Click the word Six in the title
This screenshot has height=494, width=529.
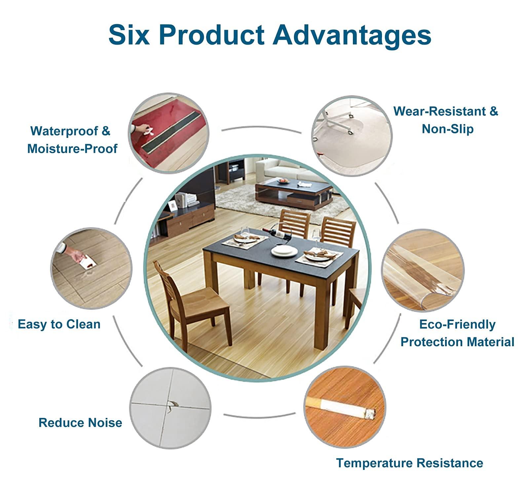click(129, 35)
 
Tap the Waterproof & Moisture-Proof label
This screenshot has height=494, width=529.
click(72, 140)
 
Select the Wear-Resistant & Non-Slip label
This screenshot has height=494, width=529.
click(446, 120)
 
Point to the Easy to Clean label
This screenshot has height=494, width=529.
click(59, 324)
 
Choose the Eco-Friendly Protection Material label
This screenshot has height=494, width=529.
click(457, 333)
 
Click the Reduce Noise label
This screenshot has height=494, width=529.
click(80, 423)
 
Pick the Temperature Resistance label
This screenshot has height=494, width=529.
click(409, 463)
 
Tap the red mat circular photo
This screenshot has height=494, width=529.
click(169, 133)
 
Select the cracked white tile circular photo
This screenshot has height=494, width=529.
click(170, 408)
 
